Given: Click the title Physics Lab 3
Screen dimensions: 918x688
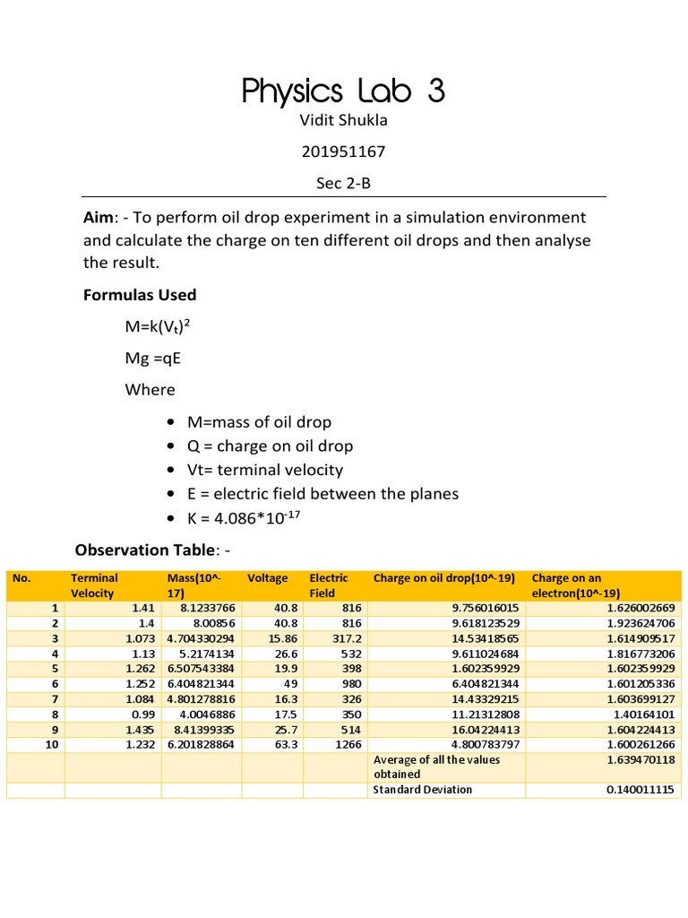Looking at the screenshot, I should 343,91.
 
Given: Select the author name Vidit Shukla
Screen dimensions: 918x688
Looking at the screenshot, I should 343,121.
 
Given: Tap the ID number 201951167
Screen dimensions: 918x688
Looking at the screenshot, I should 343,152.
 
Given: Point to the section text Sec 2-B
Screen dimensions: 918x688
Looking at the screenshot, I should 343,183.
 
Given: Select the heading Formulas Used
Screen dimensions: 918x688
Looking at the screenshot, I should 140,295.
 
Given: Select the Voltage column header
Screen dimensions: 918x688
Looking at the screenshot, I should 267,578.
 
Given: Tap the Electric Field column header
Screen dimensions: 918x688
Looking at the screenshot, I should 328,585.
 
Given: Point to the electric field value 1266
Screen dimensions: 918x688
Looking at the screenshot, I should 348,743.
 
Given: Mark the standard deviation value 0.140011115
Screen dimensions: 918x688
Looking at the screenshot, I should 640,789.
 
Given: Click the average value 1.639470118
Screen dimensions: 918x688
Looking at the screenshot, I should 640,759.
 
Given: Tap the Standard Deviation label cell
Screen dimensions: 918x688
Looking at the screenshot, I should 422,789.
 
